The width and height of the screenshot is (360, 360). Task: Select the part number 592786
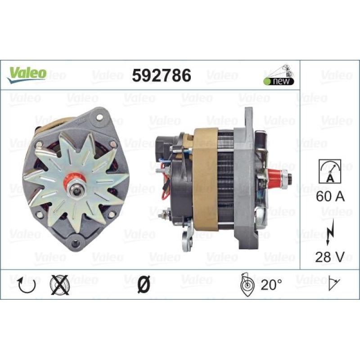coord(162,76)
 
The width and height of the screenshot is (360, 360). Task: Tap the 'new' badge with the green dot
coord(279,81)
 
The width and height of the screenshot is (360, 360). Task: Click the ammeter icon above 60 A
coord(330,171)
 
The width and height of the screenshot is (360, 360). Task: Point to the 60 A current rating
coord(330,196)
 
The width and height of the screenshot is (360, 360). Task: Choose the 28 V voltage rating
coord(330,256)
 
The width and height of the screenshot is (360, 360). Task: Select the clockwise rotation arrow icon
coord(27,285)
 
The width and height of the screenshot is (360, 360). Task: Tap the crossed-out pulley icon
coord(59,285)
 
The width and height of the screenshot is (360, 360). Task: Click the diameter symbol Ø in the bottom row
coord(144,284)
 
